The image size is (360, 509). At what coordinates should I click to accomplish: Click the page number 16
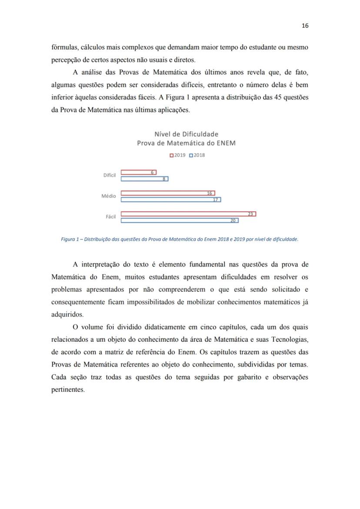[x=305, y=26]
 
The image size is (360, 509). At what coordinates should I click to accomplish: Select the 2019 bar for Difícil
[x=138, y=172]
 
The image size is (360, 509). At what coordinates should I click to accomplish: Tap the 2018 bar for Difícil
[x=144, y=179]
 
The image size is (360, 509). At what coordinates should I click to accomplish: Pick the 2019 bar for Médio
[x=167, y=193]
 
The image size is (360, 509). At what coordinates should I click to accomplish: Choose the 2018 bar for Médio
[x=170, y=200]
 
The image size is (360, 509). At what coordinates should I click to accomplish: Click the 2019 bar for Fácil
[x=188, y=214]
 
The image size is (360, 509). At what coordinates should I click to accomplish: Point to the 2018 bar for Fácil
[x=179, y=220]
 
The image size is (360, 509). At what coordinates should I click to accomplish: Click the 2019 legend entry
[x=177, y=155]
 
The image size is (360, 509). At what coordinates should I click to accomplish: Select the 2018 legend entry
[x=197, y=155]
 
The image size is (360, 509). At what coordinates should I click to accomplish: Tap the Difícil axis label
[x=110, y=175]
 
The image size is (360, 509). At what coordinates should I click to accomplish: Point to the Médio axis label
[x=109, y=196]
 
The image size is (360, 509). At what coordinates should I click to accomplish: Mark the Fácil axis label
[x=110, y=217]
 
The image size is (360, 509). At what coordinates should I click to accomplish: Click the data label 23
[x=250, y=214]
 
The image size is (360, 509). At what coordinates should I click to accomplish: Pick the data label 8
[x=163, y=179]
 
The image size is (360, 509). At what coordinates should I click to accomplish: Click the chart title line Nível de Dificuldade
[x=186, y=134]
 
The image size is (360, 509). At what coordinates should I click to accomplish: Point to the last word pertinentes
[x=68, y=389]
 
